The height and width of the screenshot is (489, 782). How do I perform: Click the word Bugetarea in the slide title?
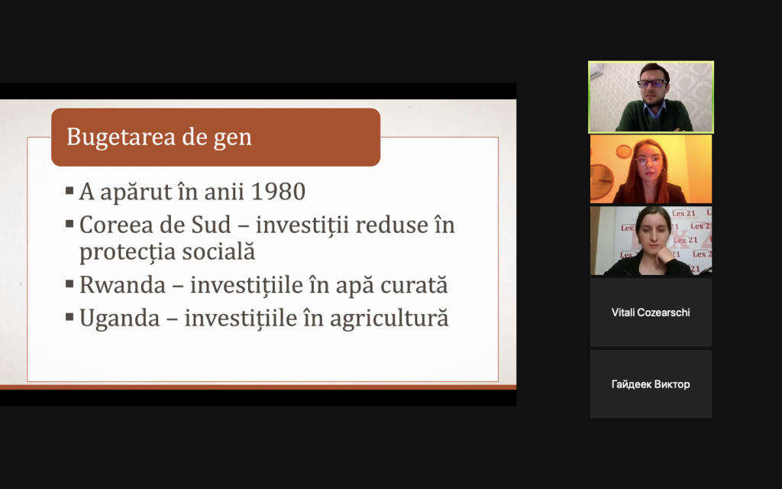121,137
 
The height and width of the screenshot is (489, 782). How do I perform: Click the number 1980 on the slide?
278,191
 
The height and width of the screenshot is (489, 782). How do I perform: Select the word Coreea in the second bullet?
116,225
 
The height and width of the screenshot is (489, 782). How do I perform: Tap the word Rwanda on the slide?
123,285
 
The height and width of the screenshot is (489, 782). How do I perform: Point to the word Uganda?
120,319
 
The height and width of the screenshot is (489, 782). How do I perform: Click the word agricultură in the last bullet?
389,319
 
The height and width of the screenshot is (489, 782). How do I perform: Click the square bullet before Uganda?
69,316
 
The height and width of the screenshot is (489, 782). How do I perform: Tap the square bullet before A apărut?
69,189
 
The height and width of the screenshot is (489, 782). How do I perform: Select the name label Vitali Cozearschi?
651,313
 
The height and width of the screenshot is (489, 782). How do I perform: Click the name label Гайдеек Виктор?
651,384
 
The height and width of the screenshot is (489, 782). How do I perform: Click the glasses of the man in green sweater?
652,83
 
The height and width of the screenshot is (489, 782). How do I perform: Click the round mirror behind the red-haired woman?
603,182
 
